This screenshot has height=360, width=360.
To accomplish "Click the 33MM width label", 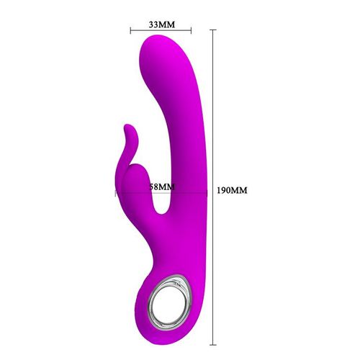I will pyautogui.click(x=161, y=24).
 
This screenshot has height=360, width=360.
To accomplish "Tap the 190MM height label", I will pyautogui.click(x=232, y=191).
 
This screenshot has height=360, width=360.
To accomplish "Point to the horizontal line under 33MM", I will pyautogui.click(x=161, y=31).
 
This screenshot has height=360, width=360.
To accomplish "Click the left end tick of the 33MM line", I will pyautogui.click(x=130, y=31).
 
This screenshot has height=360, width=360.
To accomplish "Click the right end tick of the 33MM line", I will pyautogui.click(x=192, y=31).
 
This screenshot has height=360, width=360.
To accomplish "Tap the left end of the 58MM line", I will pyautogui.click(x=116, y=192).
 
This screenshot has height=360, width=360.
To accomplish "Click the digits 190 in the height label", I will pyautogui.click(x=225, y=191).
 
